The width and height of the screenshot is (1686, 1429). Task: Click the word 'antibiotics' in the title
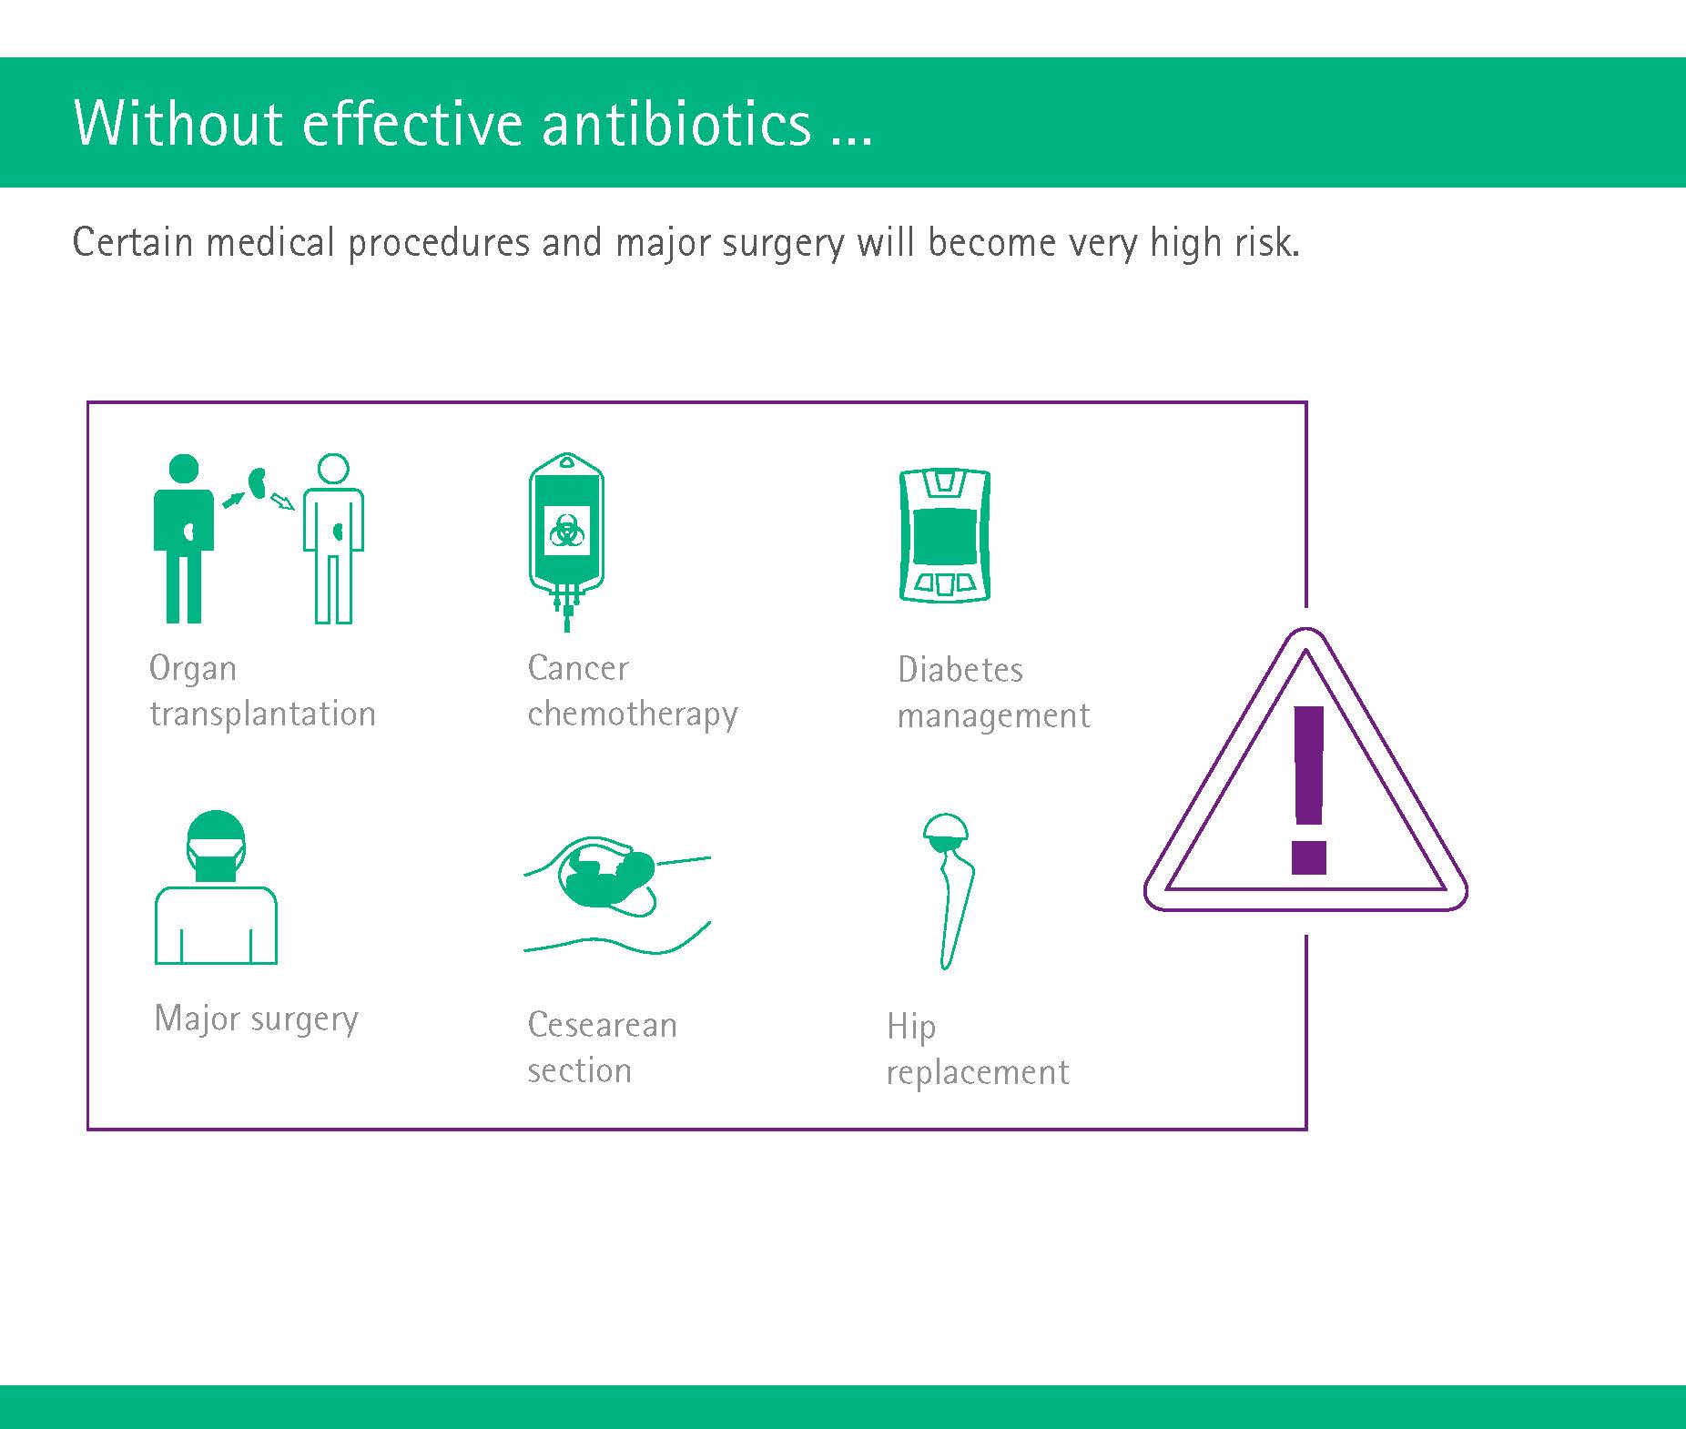676,123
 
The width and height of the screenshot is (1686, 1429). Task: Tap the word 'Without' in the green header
178,123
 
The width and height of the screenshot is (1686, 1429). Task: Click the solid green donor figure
184,539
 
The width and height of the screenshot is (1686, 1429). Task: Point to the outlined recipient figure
333,539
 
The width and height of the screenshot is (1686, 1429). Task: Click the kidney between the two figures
257,482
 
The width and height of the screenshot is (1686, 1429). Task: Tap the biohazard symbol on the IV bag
567,531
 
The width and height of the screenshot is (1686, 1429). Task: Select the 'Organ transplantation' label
262,691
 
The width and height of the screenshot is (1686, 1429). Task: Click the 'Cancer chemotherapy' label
633,691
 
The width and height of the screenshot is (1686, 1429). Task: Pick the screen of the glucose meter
945,536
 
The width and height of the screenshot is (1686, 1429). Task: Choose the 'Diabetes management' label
993,693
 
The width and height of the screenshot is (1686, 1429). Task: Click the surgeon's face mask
216,860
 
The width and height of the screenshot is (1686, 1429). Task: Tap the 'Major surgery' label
257,1019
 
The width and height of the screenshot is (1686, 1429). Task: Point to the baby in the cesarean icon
607,876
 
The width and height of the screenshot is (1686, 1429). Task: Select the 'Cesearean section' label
602,1048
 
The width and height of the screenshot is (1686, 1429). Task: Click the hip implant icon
948,891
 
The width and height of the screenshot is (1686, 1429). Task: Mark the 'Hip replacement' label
978,1049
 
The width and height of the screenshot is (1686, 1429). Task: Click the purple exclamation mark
1308,790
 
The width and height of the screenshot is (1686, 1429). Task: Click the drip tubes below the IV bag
567,608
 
